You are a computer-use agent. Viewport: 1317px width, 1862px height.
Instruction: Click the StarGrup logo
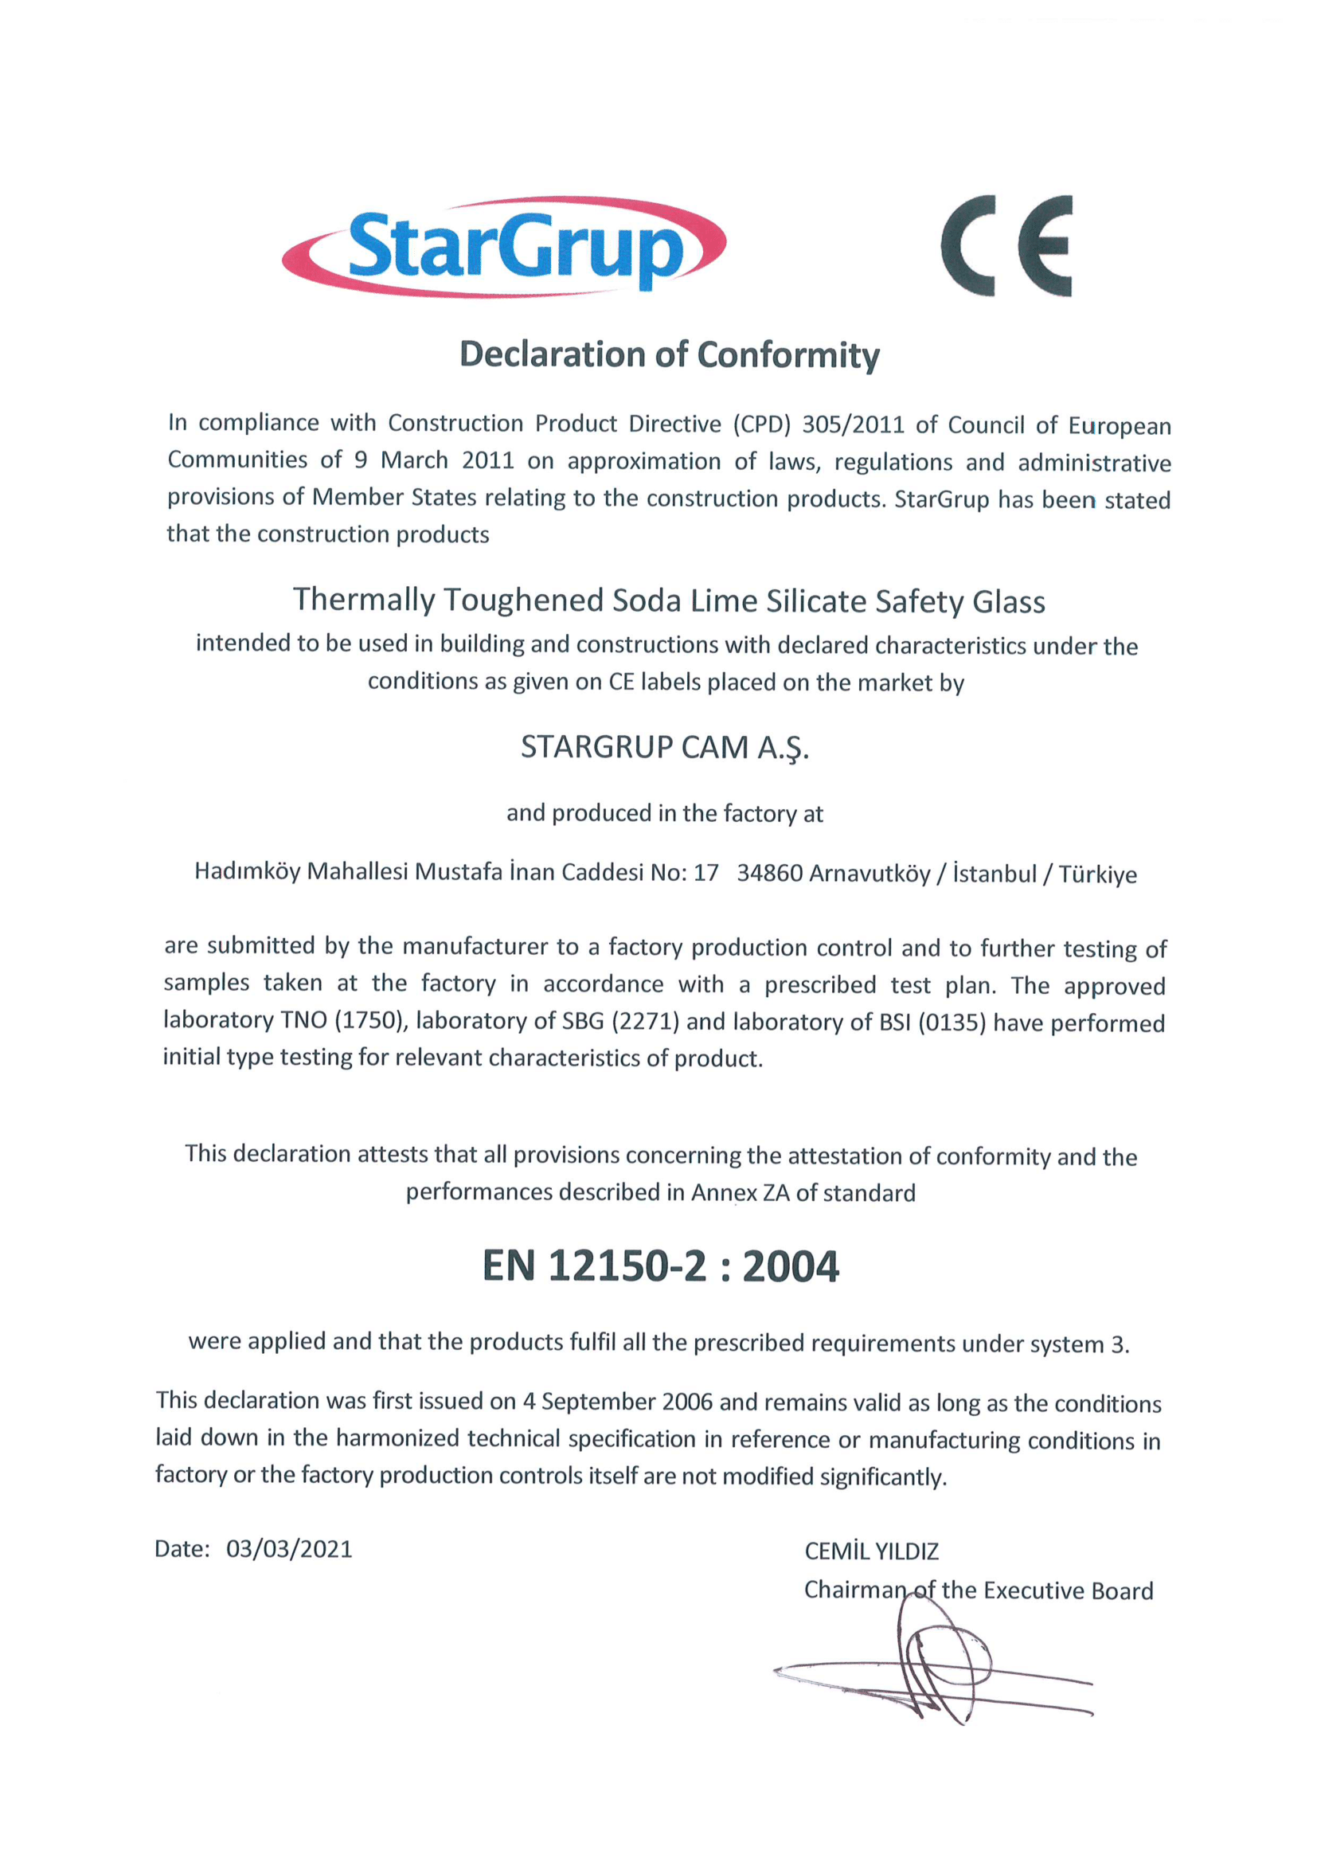pos(503,246)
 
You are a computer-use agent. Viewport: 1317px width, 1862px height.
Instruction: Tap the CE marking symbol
pos(1006,246)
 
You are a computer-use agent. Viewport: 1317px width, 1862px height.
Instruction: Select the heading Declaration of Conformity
pos(669,355)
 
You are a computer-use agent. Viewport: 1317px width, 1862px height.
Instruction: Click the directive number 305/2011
pos(852,424)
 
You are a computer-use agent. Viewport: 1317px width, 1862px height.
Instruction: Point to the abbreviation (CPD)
pos(761,424)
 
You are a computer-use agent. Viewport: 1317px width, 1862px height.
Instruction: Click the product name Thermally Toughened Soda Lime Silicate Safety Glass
pos(669,601)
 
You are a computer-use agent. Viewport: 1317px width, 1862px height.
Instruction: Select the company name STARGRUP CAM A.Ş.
pos(665,747)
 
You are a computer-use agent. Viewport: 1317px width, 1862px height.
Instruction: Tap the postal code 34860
pos(770,874)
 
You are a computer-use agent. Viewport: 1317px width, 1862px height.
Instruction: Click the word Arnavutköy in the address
pos(870,874)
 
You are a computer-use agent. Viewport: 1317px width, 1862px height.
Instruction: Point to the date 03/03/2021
pos(289,1549)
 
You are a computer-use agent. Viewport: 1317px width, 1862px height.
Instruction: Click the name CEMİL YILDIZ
pos(871,1551)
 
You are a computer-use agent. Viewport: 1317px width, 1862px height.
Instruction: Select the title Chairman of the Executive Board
pos(978,1590)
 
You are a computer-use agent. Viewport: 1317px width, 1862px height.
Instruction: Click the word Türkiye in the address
pos(1097,874)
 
